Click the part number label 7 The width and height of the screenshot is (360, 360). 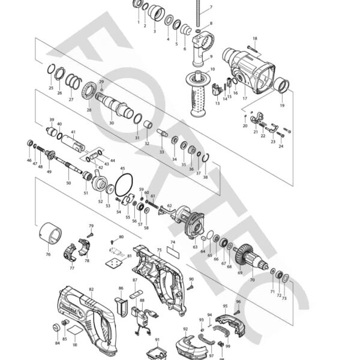211,8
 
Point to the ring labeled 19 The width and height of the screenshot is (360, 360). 281,87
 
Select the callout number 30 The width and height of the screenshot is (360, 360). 112,123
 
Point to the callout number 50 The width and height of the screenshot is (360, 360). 68,182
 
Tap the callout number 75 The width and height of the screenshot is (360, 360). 160,250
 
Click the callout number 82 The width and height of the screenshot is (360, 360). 91,289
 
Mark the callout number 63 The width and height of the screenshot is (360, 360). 195,247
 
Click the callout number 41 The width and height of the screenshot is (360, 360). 73,132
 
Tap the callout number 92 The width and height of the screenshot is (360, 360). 185,329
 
